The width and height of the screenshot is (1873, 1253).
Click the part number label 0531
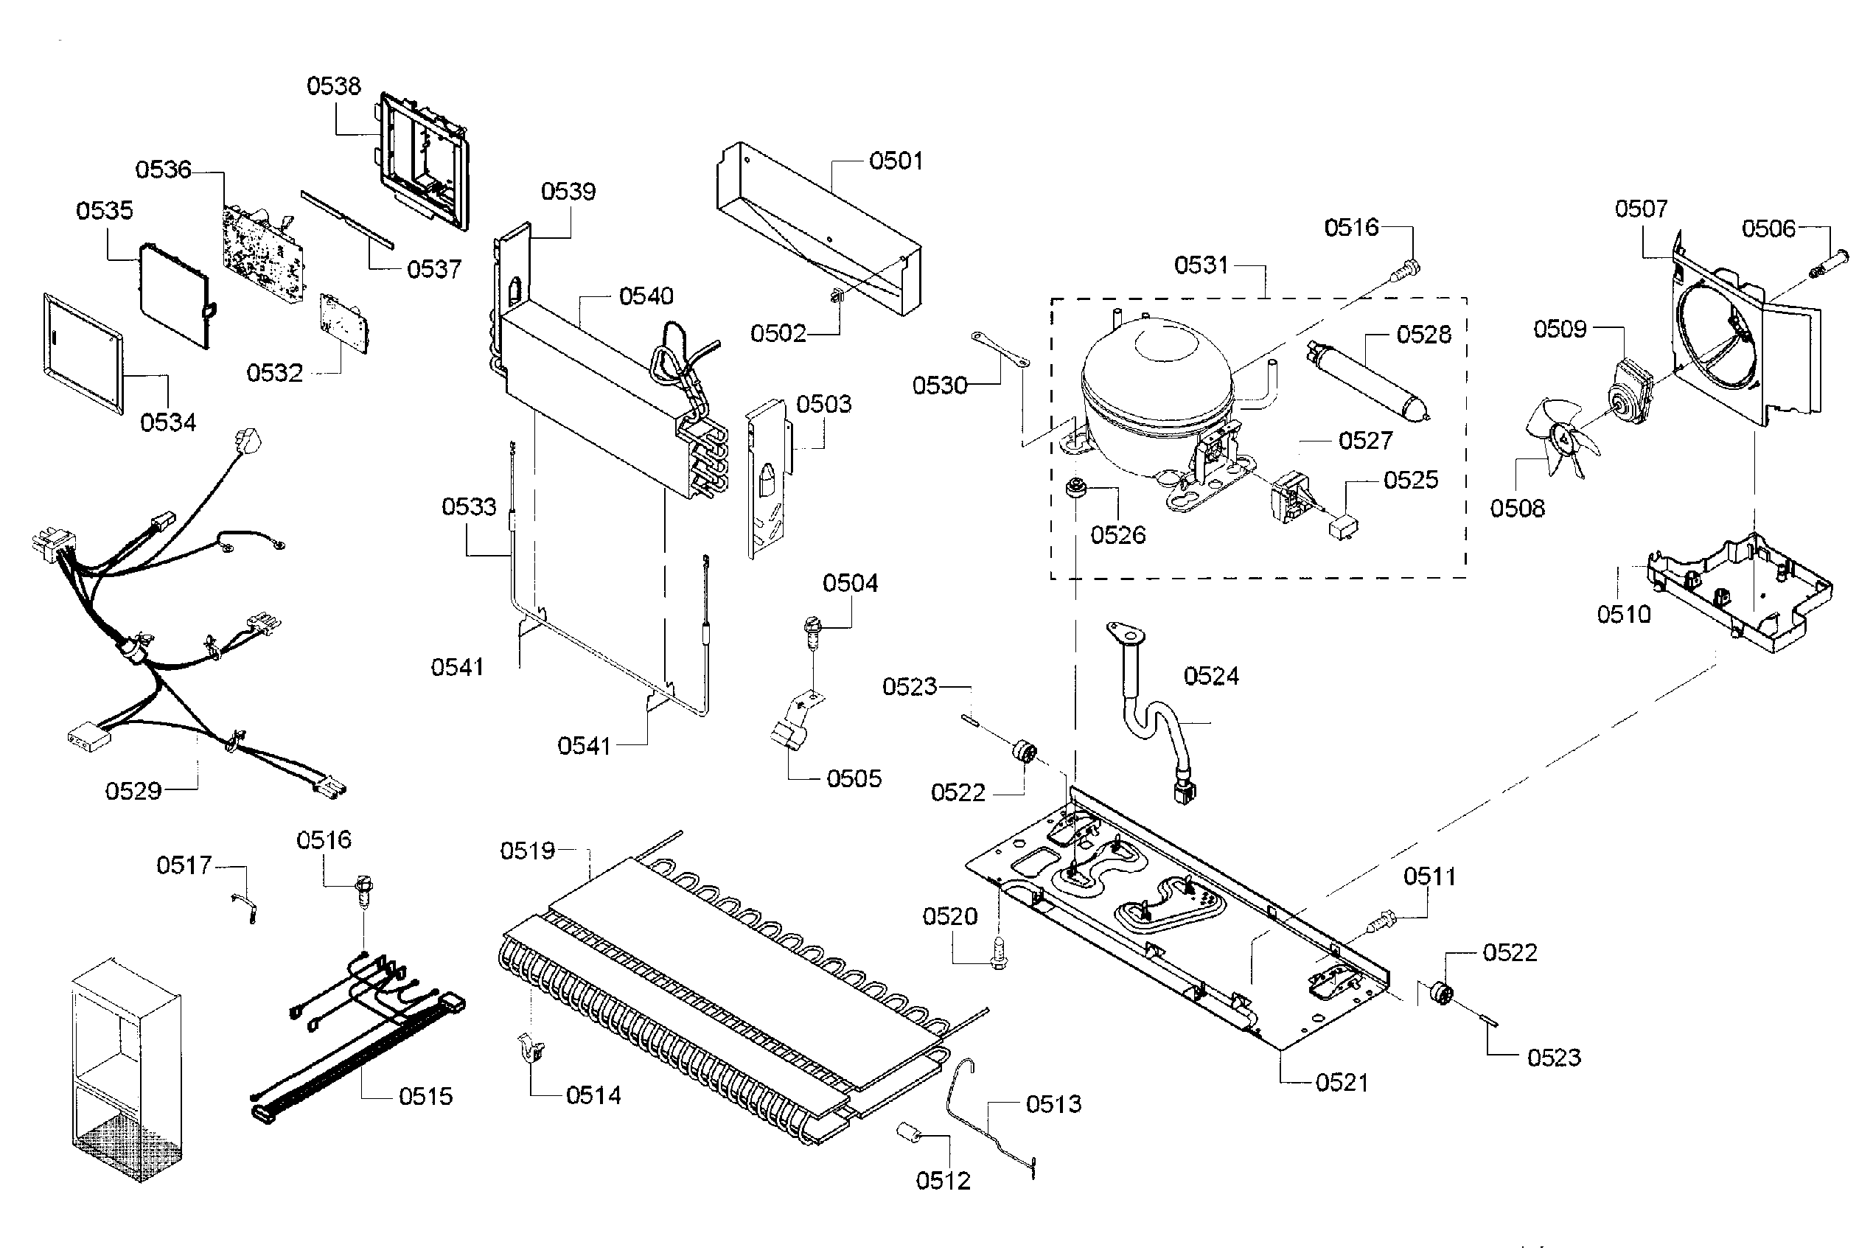pyautogui.click(x=1200, y=265)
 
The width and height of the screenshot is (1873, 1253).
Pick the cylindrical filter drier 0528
pyautogui.click(x=1367, y=380)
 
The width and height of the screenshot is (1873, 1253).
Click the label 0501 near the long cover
pyautogui.click(x=895, y=161)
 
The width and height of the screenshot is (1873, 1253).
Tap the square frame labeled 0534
pyautogui.click(x=83, y=351)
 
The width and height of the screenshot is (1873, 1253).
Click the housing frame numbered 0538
pyautogui.click(x=425, y=160)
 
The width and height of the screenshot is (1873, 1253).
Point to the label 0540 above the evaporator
pyautogui.click(x=646, y=296)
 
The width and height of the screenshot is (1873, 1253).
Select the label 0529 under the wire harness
pyautogui.click(x=133, y=790)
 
